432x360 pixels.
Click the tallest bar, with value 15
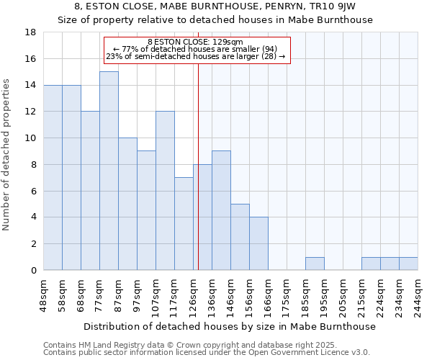[109, 171]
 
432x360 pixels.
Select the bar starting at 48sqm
[53, 177]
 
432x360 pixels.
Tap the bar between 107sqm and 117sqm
[165, 191]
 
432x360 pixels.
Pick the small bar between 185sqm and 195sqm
[315, 264]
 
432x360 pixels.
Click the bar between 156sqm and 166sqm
[258, 243]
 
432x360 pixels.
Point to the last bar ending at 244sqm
[408, 264]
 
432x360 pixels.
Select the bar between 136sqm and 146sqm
[221, 210]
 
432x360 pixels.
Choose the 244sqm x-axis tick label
[418, 293]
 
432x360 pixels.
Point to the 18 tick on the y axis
[30, 32]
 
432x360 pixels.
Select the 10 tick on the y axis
[30, 138]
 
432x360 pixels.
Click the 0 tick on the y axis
[33, 271]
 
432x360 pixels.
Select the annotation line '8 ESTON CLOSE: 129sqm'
[196, 42]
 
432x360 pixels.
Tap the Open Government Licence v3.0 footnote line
[206, 353]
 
